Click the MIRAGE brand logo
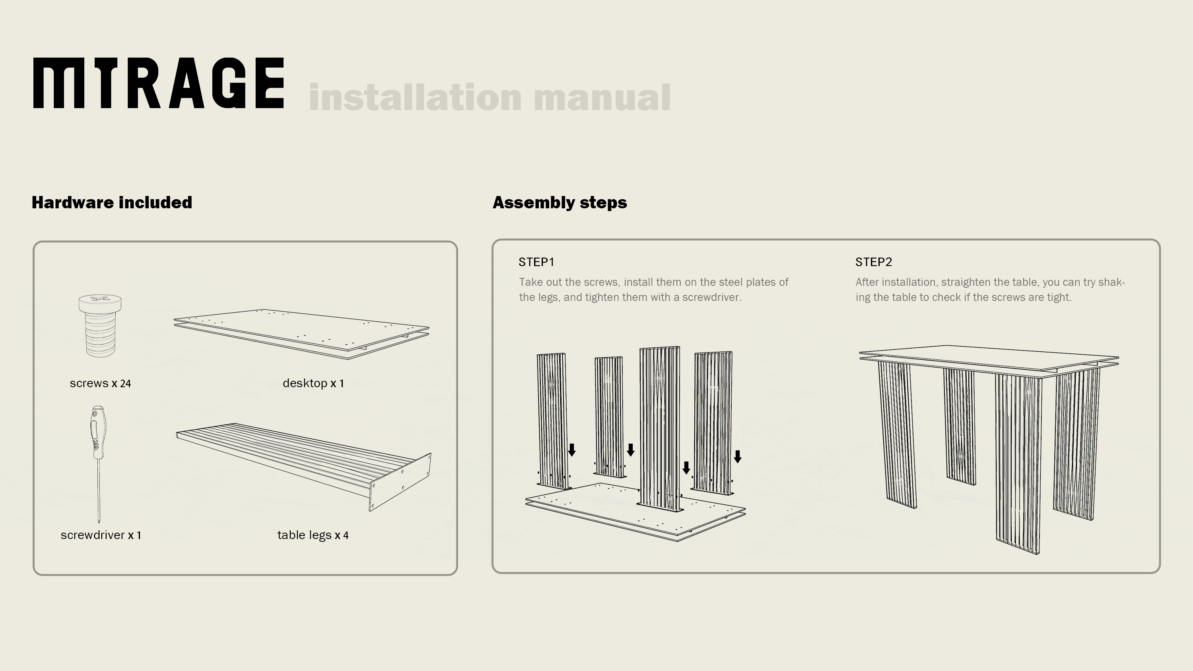(158, 83)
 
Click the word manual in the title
(602, 98)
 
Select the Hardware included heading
(112, 203)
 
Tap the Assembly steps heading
(560, 203)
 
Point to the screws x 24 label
(100, 384)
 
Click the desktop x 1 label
(313, 384)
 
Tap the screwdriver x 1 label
(101, 535)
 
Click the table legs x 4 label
(313, 535)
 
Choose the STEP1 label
(536, 262)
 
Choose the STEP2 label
(873, 262)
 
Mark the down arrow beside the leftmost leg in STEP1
(572, 450)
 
